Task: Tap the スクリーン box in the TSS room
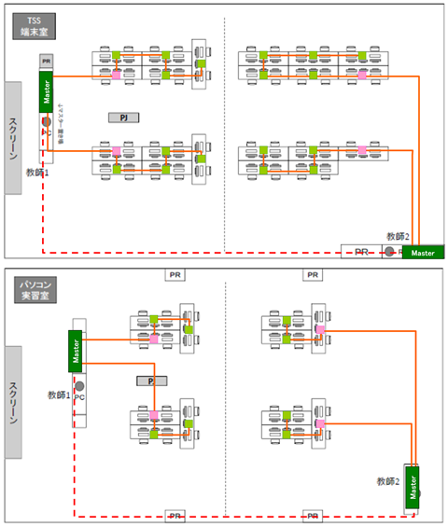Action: click(13, 138)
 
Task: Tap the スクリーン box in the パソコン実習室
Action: click(13, 402)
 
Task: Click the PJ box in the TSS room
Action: click(122, 118)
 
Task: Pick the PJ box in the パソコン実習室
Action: click(150, 381)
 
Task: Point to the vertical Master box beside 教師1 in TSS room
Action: click(45, 91)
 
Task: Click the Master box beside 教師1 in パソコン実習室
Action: click(76, 350)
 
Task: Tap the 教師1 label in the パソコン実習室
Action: click(60, 395)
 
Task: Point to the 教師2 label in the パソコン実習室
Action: click(388, 481)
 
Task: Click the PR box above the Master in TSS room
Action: click(45, 61)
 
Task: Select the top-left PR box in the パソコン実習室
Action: click(175, 275)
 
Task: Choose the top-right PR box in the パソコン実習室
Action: click(313, 275)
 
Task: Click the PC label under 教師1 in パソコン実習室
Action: click(80, 398)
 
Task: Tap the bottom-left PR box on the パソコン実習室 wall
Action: click(175, 515)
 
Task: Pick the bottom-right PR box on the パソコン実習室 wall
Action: click(313, 515)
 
